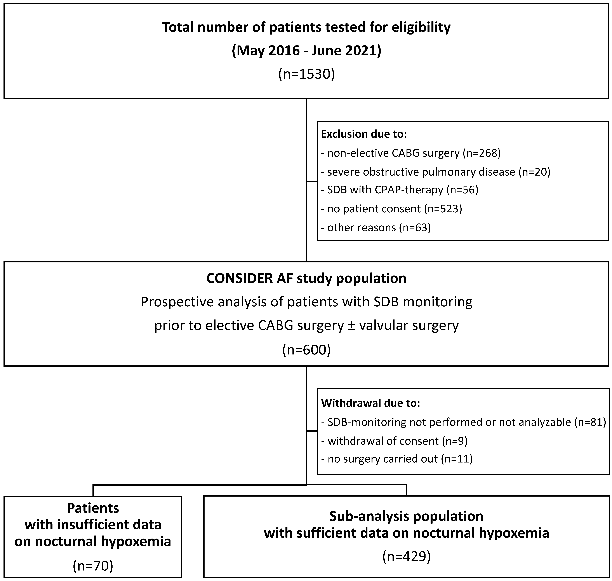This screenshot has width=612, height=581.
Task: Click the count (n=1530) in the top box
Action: click(306, 74)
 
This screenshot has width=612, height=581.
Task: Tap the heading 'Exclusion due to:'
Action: click(364, 134)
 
